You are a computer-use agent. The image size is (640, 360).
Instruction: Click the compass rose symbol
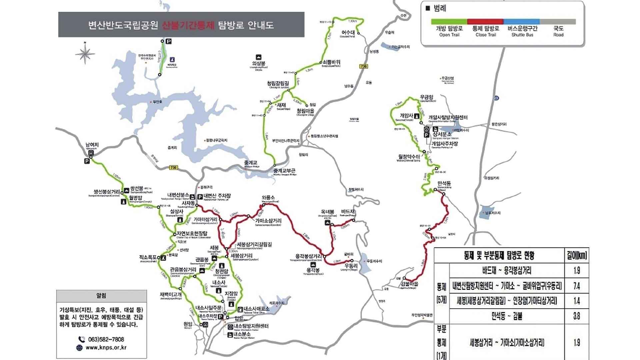[85, 53]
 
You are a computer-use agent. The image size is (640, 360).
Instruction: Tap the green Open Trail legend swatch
[449, 22]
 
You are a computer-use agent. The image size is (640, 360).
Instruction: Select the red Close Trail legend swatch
[485, 22]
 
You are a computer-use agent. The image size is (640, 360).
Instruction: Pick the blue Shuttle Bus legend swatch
[522, 22]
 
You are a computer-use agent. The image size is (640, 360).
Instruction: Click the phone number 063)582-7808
[106, 339]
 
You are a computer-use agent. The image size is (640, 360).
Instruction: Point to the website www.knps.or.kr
[106, 347]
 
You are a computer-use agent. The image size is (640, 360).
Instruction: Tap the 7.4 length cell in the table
[577, 286]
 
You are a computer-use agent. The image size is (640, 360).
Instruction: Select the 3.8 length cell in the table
[577, 316]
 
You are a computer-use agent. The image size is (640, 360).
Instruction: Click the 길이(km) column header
[577, 256]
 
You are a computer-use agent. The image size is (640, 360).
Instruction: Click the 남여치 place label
[92, 145]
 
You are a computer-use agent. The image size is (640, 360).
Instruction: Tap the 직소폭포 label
[148, 257]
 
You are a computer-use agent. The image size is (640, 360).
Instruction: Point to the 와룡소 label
[268, 198]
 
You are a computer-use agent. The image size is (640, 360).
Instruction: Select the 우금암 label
[426, 97]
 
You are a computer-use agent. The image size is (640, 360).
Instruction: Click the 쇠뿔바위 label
[331, 62]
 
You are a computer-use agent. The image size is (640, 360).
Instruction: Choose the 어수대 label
[348, 32]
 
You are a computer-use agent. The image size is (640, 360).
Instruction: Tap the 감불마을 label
[409, 284]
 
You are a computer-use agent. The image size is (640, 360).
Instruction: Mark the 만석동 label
[444, 183]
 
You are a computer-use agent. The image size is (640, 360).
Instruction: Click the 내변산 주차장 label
[217, 196]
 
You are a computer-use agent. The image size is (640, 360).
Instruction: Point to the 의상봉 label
[258, 63]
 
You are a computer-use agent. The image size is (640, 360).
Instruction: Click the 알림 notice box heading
[101, 296]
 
